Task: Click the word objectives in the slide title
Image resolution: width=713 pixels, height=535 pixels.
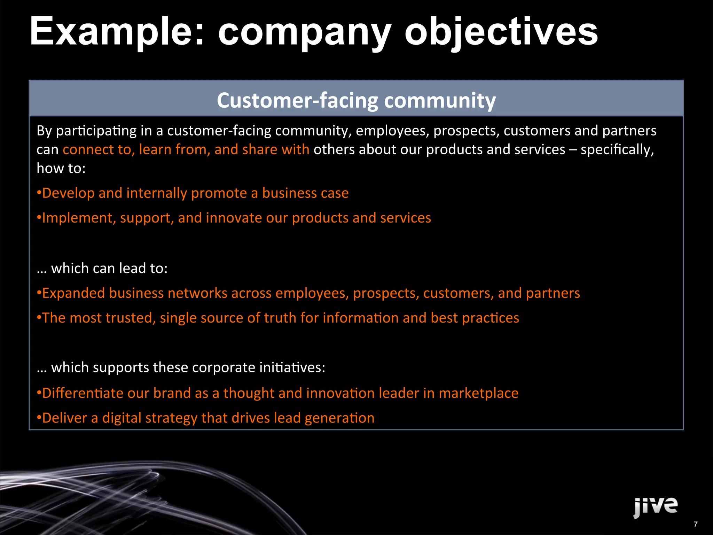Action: pos(501,32)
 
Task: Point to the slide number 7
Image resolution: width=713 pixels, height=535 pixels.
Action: pos(695,524)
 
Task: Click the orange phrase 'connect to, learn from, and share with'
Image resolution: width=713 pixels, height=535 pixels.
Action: pos(186,149)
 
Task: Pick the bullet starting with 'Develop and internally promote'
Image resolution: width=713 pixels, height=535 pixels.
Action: pos(193,193)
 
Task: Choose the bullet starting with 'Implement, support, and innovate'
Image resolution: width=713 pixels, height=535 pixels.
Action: pos(234,218)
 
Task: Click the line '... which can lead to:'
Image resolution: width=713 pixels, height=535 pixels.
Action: pos(102,268)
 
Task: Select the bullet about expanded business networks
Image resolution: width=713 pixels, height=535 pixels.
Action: pos(308,293)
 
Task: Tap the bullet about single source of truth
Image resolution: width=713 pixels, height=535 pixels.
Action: pos(278,318)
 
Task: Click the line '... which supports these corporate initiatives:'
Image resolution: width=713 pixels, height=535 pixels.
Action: pos(181,367)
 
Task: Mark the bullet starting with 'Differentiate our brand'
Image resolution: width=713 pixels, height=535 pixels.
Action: pos(277,393)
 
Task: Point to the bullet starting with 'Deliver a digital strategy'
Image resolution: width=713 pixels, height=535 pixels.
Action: pos(205,418)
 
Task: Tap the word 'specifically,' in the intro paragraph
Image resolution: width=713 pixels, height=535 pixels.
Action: pos(617,149)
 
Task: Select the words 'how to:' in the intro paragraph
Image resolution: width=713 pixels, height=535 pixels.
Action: pos(61,168)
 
